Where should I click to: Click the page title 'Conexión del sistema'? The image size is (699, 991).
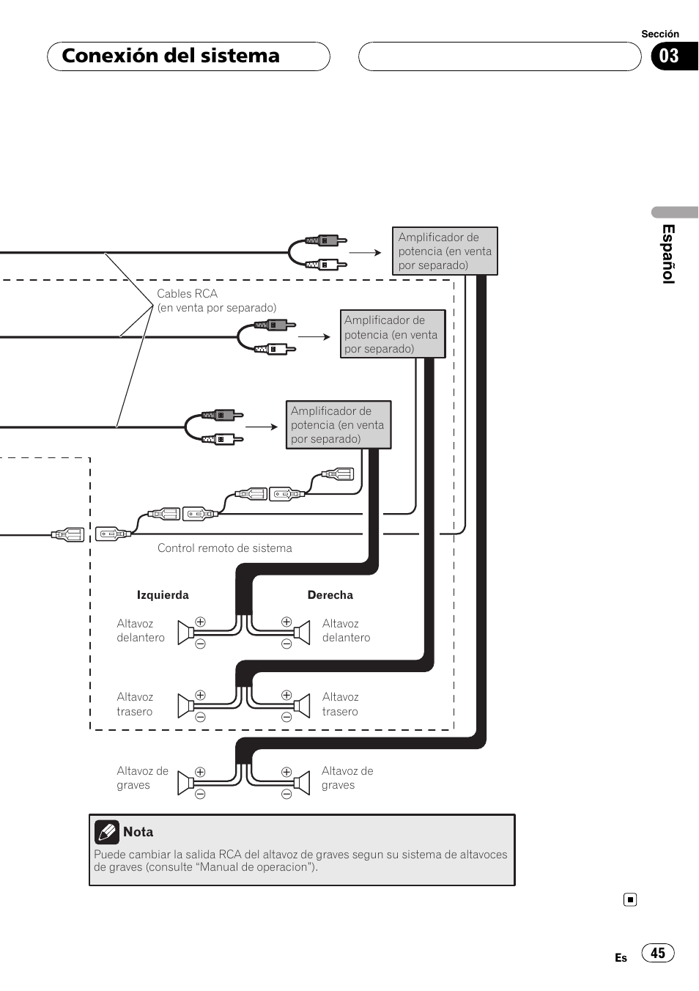171,56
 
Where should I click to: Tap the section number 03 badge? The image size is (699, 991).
669,56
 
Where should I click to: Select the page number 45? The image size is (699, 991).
658,953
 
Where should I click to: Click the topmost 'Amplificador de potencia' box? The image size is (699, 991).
445,251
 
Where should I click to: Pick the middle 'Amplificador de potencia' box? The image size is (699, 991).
393,334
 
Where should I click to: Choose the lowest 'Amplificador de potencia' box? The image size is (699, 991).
338,425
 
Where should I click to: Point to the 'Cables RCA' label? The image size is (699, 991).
188,294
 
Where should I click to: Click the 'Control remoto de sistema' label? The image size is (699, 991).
224,548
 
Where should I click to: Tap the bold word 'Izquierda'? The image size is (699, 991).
163,595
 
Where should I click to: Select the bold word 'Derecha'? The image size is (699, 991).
330,595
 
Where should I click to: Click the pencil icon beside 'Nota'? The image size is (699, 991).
107,832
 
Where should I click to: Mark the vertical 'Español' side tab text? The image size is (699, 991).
668,254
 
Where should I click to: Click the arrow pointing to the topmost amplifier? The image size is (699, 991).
366,253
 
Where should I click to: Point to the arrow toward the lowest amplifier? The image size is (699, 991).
262,427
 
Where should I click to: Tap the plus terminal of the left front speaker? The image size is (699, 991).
200,622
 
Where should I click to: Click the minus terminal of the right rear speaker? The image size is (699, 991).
286,717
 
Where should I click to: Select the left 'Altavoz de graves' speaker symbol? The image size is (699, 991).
186,782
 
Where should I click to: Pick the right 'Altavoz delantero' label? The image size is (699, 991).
346,630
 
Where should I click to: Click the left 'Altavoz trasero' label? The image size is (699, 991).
135,704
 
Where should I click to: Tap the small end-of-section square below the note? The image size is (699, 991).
630,899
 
